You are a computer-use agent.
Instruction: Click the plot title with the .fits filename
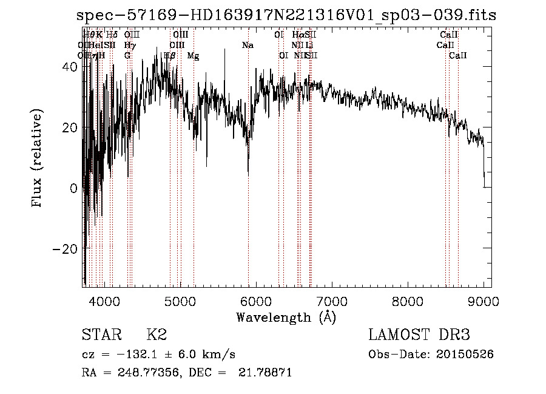286,16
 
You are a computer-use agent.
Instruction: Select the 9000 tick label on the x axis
484,301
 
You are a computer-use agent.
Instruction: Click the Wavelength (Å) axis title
286,317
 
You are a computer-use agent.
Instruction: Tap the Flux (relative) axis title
38,159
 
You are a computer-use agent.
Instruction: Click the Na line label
248,46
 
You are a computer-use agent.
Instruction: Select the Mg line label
193,56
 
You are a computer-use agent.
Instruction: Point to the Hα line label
298,35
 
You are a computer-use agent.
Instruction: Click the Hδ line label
112,35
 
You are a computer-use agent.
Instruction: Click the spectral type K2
157,335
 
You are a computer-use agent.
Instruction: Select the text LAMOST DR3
419,335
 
